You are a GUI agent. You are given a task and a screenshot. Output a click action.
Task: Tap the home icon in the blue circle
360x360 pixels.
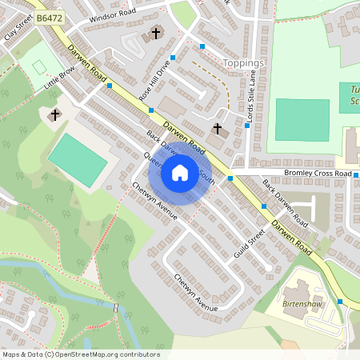tap(179, 172)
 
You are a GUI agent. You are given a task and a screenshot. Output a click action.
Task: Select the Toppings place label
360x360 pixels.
tap(243, 62)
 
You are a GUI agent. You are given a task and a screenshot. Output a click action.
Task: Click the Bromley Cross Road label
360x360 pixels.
tap(318, 173)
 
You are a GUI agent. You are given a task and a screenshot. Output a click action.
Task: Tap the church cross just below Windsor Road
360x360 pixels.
tap(155, 34)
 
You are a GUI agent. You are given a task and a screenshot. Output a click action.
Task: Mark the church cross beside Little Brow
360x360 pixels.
tap(54, 115)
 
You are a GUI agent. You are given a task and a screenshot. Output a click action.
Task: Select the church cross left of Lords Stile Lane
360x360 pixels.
tap(217, 128)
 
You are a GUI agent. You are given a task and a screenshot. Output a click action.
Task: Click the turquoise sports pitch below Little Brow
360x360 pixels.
tap(78, 160)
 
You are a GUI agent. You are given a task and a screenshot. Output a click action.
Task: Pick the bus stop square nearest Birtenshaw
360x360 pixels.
tap(340, 302)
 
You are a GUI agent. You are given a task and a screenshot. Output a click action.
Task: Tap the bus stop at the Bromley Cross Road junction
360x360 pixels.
tap(230, 178)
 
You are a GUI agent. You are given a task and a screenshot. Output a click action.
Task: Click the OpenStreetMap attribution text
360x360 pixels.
tap(80, 354)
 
